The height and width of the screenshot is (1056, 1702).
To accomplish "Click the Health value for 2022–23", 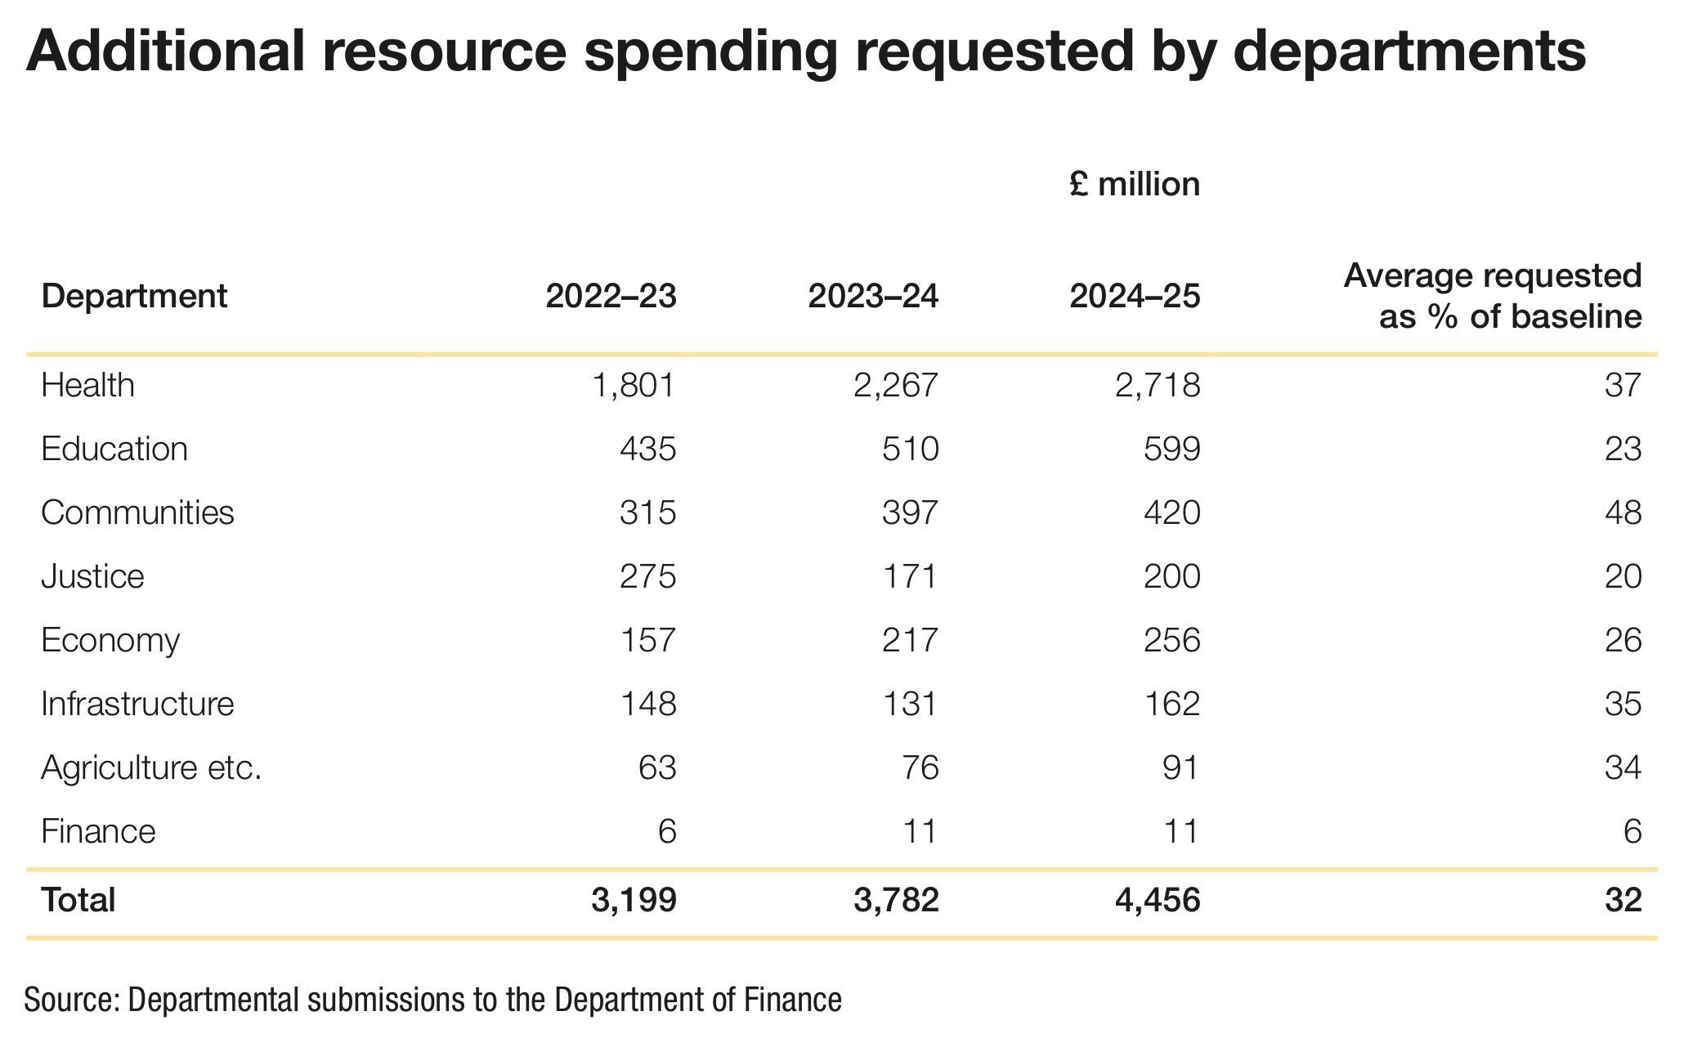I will click(634, 385).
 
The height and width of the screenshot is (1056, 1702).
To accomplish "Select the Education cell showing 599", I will click(1171, 449).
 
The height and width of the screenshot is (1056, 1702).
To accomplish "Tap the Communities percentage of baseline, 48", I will click(1623, 512).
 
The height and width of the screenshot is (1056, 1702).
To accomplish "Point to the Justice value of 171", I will click(910, 576).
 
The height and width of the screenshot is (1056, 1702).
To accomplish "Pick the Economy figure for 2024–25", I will click(1171, 640).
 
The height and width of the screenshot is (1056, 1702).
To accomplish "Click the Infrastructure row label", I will click(137, 704).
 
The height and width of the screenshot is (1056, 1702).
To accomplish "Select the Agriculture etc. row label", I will click(151, 767).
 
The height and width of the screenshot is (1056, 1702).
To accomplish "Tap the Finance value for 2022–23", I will click(667, 831).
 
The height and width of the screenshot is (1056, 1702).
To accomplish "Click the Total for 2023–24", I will click(896, 900).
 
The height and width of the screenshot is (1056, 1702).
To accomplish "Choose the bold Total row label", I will click(78, 900).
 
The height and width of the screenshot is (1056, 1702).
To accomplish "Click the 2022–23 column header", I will click(611, 296).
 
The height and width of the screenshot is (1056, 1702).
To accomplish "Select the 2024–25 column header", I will click(1135, 296).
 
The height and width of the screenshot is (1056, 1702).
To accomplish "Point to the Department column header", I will click(134, 296).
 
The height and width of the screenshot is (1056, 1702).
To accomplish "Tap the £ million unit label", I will click(1135, 185).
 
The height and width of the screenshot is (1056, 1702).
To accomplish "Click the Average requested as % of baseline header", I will click(1493, 296).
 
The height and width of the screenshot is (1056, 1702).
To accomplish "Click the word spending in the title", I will click(710, 51).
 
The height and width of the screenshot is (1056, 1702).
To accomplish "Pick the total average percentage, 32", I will click(1623, 900).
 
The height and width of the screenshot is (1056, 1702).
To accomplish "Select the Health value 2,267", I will click(896, 385).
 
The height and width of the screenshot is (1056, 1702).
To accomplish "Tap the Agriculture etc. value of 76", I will click(920, 767).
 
